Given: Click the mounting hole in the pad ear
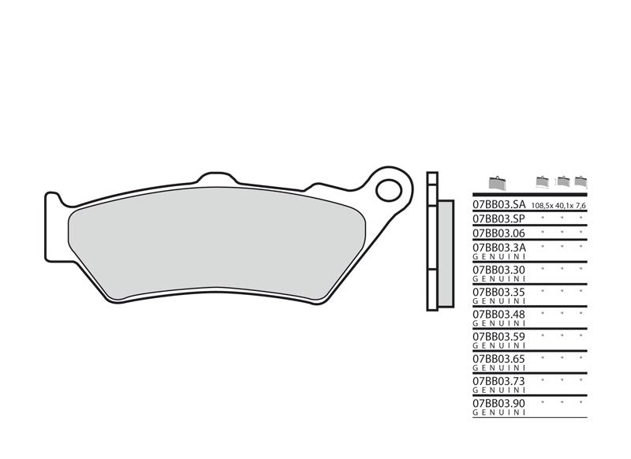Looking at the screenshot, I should pyautogui.click(x=387, y=189).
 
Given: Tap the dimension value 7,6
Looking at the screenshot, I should pyautogui.click(x=582, y=205).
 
